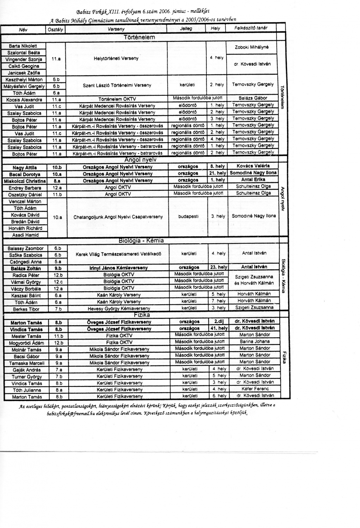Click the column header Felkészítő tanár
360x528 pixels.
pyautogui.click(x=252, y=28)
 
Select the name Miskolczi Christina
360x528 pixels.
pyautogui.click(x=25, y=181)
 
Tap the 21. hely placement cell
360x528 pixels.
pyautogui.click(x=217, y=173)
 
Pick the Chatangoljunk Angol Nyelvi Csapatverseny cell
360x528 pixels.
pyautogui.click(x=118, y=217)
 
